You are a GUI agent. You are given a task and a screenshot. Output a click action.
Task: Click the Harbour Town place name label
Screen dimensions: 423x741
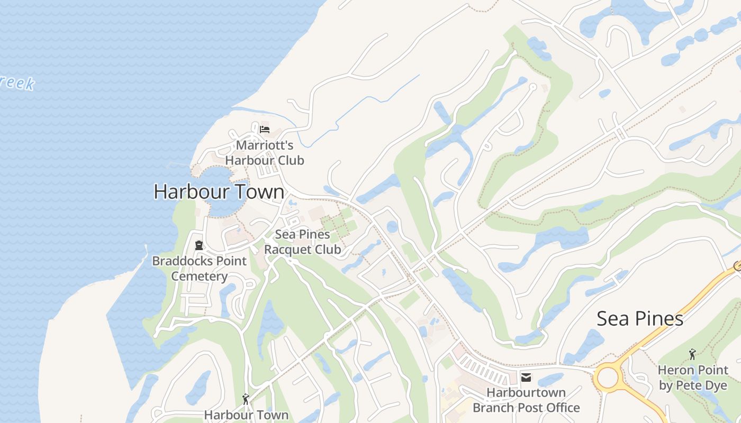click(219, 191)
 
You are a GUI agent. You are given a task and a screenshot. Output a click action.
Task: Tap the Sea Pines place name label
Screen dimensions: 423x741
click(640, 318)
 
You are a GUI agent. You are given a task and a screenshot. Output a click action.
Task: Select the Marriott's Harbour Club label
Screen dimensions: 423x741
click(264, 152)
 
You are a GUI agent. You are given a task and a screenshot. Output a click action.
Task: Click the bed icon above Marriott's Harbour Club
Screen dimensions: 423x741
click(265, 129)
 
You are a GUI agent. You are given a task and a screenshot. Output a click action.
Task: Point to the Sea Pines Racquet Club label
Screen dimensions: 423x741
click(302, 242)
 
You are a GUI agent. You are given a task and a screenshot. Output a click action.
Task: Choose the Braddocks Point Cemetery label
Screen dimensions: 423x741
click(199, 268)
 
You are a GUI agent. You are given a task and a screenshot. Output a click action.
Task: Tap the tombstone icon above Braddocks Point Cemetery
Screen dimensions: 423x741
click(199, 245)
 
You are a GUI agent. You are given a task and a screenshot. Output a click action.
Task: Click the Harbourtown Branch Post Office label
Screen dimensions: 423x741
click(526, 400)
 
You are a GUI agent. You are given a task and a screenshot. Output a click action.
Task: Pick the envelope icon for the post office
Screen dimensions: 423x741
click(526, 377)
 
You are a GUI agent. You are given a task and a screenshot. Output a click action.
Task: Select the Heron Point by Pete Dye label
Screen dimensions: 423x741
click(693, 378)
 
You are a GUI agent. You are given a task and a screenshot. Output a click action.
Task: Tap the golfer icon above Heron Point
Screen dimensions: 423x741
click(692, 354)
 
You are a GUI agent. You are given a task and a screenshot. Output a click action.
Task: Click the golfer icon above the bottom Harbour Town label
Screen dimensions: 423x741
click(246, 399)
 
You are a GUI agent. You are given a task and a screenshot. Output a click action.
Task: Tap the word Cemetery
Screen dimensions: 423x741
click(199, 276)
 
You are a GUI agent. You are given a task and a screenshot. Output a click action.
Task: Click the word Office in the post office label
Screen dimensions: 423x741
click(559, 408)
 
